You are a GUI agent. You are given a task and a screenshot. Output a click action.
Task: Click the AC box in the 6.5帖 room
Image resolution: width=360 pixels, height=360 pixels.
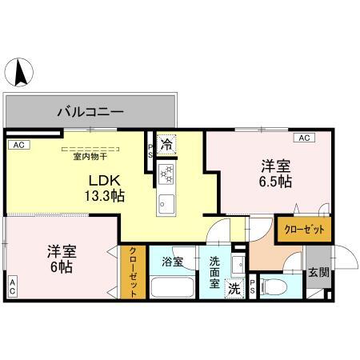303,138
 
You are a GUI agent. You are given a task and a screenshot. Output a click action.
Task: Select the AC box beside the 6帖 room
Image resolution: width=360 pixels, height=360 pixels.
12,286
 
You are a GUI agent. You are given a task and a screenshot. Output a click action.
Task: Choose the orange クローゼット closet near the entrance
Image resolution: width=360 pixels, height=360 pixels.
304,229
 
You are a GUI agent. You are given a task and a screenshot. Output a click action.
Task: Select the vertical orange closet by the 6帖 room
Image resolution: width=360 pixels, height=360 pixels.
133,271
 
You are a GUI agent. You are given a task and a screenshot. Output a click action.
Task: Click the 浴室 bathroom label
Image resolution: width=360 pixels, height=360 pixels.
172,261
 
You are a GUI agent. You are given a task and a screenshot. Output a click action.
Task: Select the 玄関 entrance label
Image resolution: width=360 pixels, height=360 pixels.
318,272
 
